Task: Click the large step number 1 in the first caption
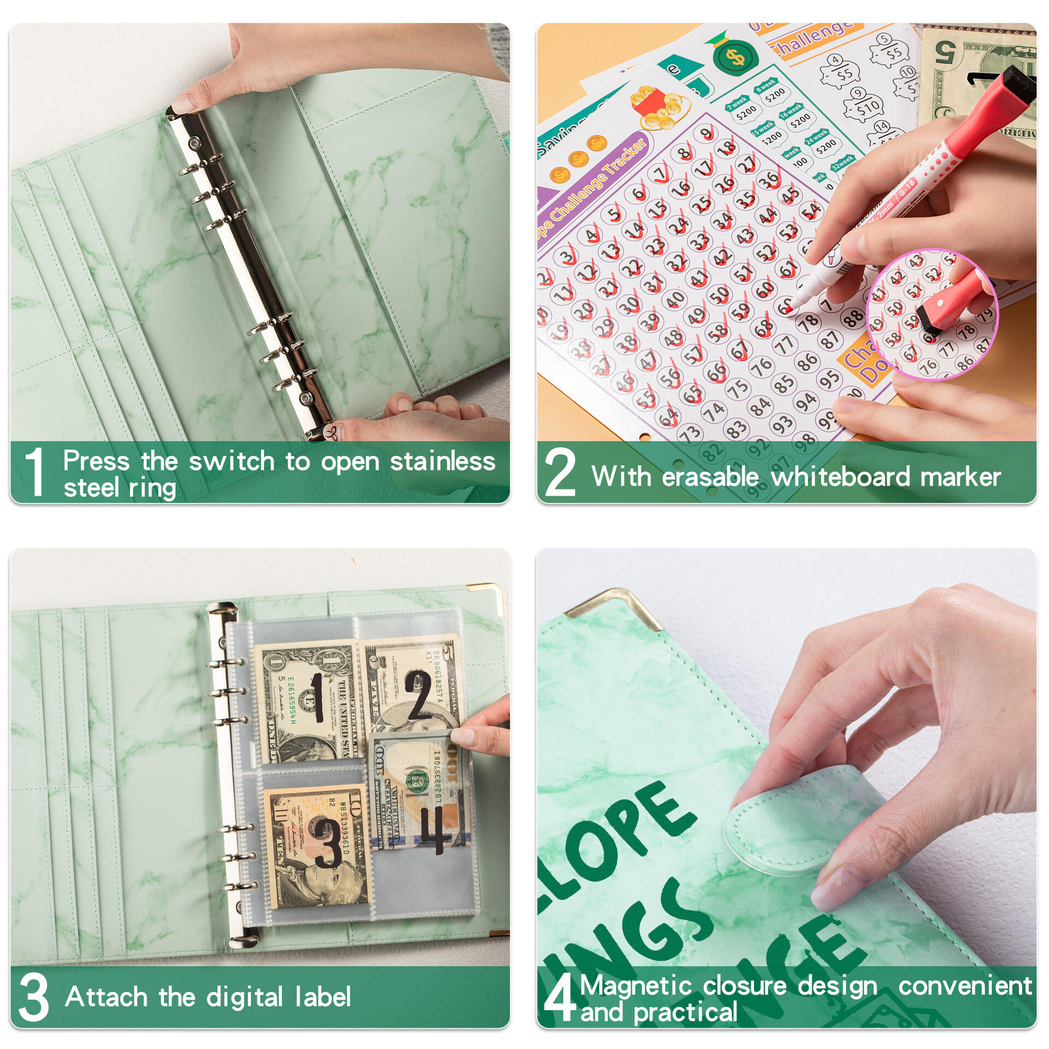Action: (34, 472)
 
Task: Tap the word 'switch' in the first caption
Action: (231, 462)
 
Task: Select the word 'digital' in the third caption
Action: (244, 997)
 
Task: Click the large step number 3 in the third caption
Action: (34, 998)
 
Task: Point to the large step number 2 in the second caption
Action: (560, 473)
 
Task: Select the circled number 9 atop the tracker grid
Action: (706, 133)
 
